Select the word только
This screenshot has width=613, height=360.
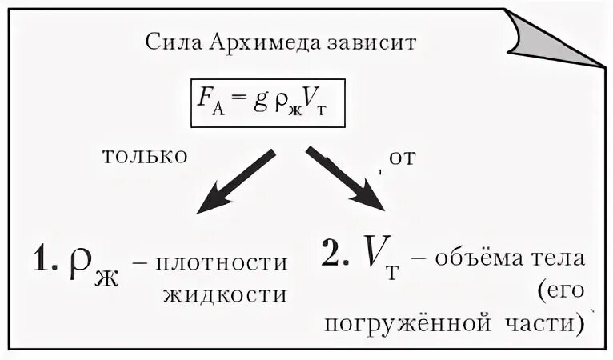[x=145, y=155]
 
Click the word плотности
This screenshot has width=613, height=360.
[x=226, y=264]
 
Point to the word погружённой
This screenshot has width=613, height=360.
[x=407, y=324]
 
